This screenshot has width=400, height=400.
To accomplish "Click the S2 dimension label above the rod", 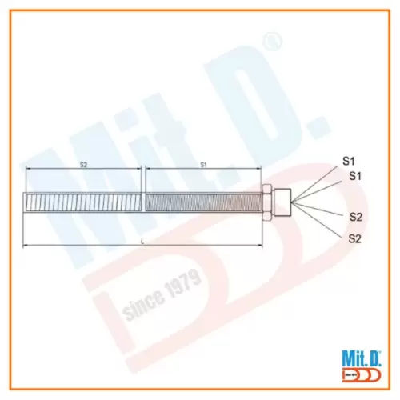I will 83,163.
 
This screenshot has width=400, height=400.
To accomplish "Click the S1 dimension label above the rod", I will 203,163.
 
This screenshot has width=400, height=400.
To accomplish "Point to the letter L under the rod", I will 142,239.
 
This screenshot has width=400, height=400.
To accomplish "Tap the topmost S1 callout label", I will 349,160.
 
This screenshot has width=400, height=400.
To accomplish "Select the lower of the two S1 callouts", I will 357,175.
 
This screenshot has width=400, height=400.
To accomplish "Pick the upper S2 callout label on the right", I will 356,216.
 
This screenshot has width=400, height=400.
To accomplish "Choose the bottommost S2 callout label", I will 356,238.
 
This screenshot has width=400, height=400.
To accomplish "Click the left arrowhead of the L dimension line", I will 27,244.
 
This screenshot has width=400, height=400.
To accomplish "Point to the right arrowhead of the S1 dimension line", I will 259,168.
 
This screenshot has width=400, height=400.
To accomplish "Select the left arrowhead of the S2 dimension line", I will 28,168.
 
